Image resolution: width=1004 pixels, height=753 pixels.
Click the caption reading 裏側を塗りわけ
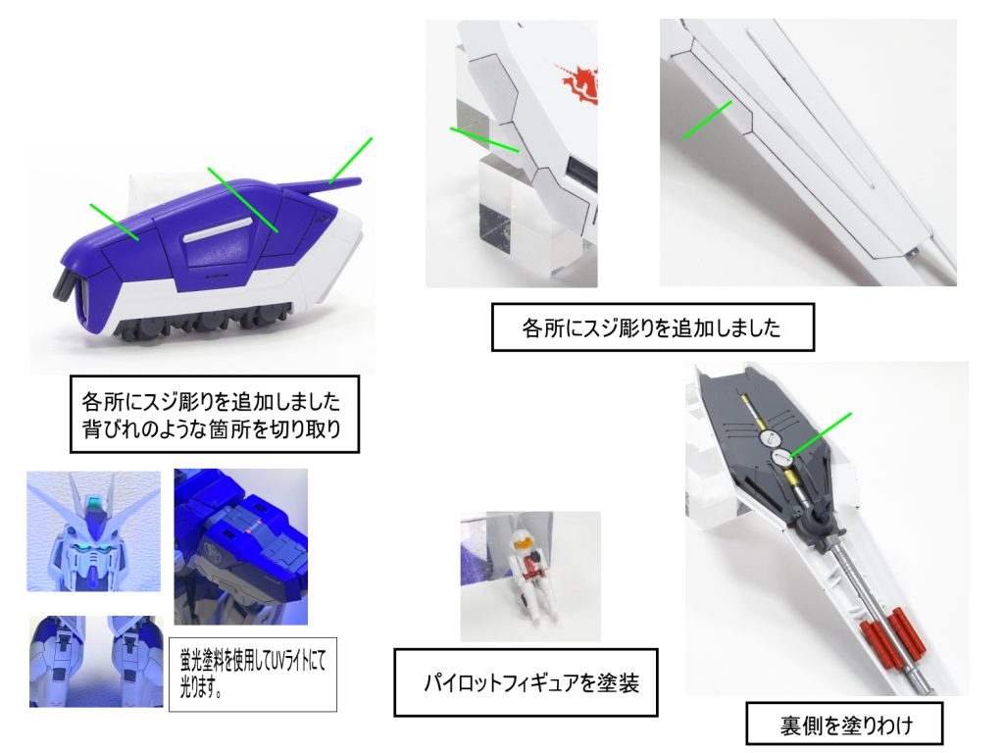tap(846, 727)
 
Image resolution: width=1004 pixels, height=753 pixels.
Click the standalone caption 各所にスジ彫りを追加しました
tap(652, 329)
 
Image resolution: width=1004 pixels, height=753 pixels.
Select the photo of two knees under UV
tap(94, 661)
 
